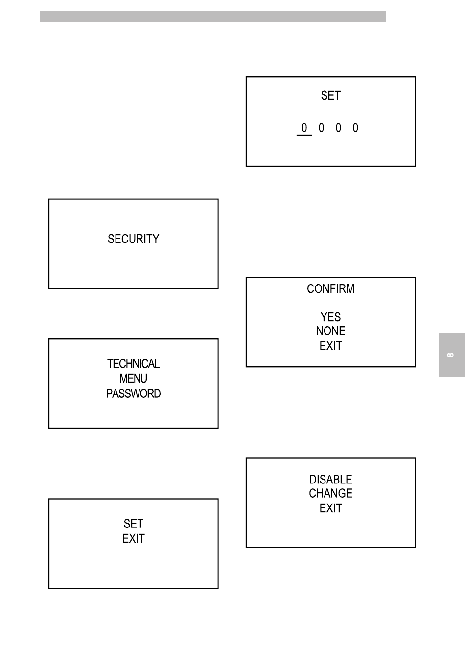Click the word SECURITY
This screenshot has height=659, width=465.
(x=134, y=239)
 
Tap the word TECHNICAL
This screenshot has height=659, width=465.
(x=134, y=364)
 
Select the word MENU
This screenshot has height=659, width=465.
(x=134, y=378)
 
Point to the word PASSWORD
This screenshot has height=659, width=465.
(x=134, y=394)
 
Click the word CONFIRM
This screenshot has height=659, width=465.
(x=331, y=289)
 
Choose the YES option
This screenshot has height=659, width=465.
(x=331, y=317)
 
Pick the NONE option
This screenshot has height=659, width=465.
(x=331, y=331)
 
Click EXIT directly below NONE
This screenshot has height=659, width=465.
(x=331, y=346)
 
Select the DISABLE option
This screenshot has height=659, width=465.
(x=331, y=480)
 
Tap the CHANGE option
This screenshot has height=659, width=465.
(x=331, y=493)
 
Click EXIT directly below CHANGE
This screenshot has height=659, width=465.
(x=331, y=508)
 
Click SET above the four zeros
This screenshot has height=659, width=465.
(x=331, y=96)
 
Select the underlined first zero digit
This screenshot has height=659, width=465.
(x=304, y=128)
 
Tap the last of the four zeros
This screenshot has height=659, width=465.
(x=355, y=128)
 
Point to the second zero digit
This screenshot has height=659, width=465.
(x=321, y=128)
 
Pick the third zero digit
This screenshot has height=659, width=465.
(x=338, y=128)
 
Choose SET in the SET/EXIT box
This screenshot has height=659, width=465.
(x=134, y=524)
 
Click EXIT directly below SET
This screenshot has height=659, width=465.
(x=134, y=539)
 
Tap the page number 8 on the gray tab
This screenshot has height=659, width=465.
(x=450, y=355)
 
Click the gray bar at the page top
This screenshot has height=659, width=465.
(x=213, y=17)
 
